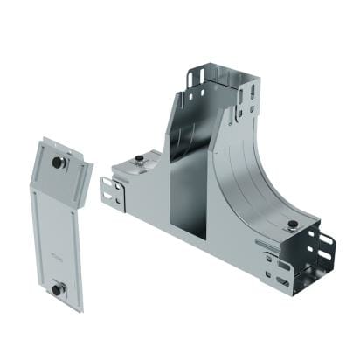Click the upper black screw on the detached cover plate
point(59,163)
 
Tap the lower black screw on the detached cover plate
point(57,289)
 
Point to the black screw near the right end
point(291,226)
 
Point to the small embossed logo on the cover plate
point(56,255)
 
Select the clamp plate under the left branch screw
point(140,166)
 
